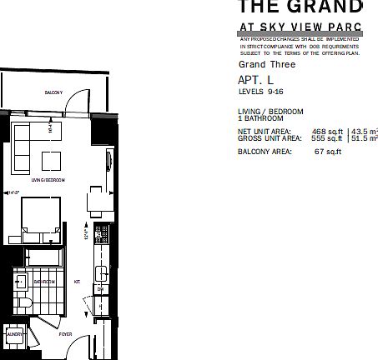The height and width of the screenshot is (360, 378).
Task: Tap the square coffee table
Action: (x=52, y=160)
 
